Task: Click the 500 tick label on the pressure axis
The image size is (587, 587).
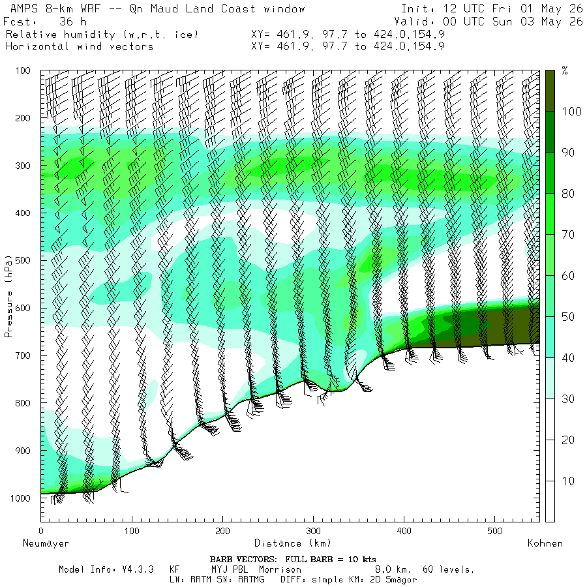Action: tap(23, 260)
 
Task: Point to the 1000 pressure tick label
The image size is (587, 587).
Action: tap(21, 498)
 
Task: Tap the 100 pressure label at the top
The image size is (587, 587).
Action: tap(23, 70)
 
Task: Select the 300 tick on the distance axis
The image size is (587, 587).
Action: tap(313, 531)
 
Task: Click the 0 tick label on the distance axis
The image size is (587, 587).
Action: tap(41, 531)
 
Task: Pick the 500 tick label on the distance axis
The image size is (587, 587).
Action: tap(495, 531)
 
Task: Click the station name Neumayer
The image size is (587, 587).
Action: tap(46, 543)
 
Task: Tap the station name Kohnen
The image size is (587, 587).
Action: tap(545, 543)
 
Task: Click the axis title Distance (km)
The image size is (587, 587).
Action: tap(293, 543)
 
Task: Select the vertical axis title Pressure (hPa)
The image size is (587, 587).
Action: tap(8, 297)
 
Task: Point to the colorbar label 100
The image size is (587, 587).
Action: tap(571, 111)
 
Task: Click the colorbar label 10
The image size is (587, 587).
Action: tap(568, 481)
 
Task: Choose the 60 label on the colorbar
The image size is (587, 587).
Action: tap(568, 276)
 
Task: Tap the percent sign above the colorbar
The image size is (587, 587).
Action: tap(565, 70)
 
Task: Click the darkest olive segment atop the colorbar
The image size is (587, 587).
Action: tap(550, 91)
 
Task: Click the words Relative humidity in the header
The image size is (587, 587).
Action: tap(61, 35)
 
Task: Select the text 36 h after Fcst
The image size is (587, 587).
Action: tap(73, 22)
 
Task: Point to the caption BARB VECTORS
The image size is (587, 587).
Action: tap(243, 560)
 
